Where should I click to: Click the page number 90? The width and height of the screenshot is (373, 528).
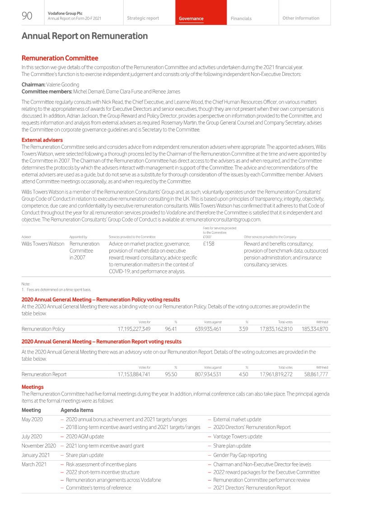pos(27,16)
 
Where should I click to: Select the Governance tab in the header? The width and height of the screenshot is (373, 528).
pos(191,19)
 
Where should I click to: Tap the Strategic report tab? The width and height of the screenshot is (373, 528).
pos(143,19)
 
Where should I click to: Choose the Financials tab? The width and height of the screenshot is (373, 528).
pos(241,19)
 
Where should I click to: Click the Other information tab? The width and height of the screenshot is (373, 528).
pos(300,19)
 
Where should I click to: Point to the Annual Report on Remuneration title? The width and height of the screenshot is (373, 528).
pos(84,36)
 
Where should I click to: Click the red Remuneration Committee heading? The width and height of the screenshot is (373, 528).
pos(60,58)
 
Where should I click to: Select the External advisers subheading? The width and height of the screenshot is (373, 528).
pos(42,140)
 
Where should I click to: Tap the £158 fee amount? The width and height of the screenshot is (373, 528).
pos(209,244)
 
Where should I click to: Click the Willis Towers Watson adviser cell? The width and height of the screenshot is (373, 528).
pos(43,244)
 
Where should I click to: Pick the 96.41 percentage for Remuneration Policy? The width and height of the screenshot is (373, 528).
pos(171,329)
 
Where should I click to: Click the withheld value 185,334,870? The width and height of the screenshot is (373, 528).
pos(315,329)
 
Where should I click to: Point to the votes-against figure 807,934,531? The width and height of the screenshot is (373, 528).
pos(202,374)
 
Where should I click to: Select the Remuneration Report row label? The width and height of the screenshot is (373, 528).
pos(44,374)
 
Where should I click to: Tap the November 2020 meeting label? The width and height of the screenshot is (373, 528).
pos(38,446)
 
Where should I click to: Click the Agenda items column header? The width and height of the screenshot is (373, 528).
pos(77,410)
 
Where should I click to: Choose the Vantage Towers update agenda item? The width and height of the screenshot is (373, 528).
pos(238,437)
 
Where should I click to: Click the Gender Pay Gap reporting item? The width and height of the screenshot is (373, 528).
pos(240,455)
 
